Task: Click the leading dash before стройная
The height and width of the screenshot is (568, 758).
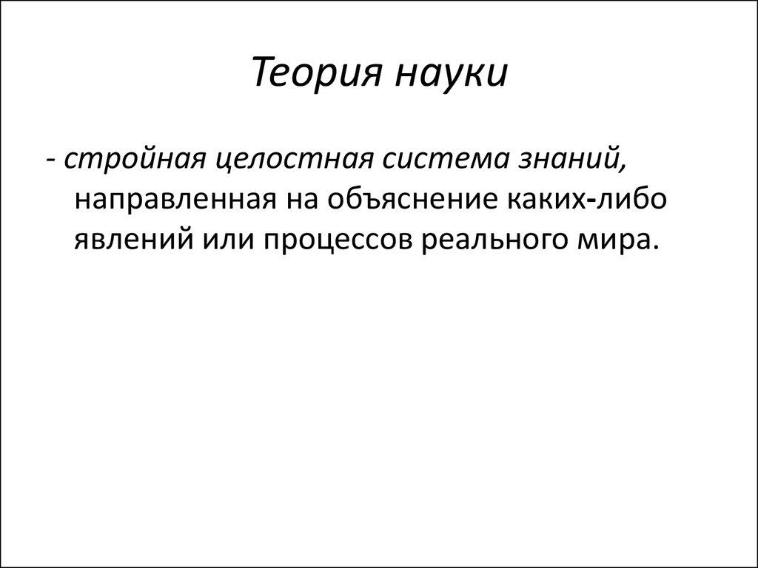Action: (x=52, y=162)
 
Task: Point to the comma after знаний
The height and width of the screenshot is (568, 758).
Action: (x=621, y=169)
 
